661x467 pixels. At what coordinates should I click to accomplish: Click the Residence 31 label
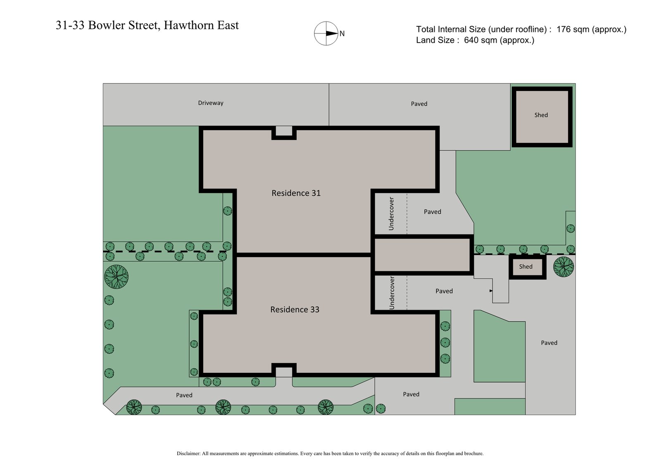tap(296, 193)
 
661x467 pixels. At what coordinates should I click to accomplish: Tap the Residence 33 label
tap(295, 309)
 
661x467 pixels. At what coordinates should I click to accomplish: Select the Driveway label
tap(210, 103)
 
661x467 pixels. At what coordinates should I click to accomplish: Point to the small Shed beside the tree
tap(526, 267)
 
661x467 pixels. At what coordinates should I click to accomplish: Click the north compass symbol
tap(326, 33)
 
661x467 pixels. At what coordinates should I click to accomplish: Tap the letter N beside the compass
tap(342, 34)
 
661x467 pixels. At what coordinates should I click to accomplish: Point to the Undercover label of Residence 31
tap(391, 213)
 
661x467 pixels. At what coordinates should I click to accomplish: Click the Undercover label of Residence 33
tap(392, 293)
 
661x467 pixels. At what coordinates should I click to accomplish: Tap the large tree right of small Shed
tap(564, 266)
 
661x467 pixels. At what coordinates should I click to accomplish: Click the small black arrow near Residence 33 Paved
tap(491, 291)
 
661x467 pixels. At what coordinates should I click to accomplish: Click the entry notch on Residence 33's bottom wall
tap(284, 371)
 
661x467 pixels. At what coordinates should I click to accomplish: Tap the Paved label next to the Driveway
tap(419, 104)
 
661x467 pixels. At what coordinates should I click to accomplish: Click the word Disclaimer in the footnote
tap(188, 453)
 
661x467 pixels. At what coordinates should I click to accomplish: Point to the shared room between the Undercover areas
tap(422, 255)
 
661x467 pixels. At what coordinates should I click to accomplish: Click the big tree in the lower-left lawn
tap(117, 277)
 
